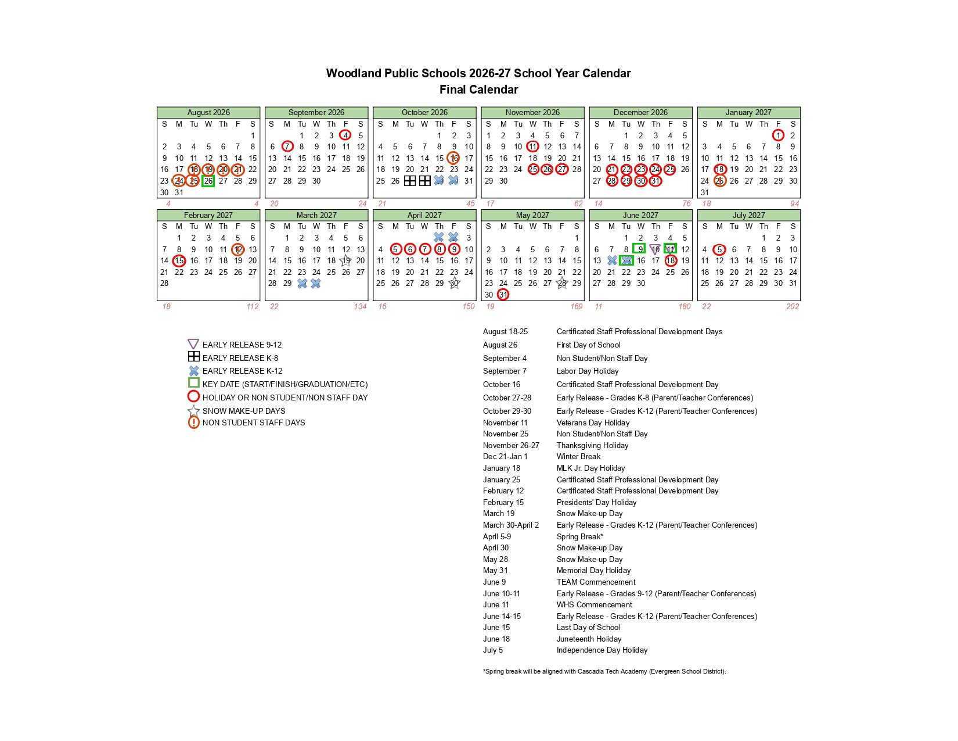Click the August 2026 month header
[x=208, y=112]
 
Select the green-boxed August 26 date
[x=208, y=181]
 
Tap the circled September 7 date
[x=287, y=146]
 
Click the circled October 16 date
[x=454, y=158]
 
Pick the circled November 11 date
[x=532, y=146]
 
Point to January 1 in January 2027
[x=778, y=135]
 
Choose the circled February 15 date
[x=179, y=261]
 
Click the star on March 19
[x=346, y=261]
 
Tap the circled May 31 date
[x=503, y=295]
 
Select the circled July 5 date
[x=719, y=249]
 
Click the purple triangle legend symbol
[x=193, y=344]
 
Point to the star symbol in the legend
[x=193, y=411]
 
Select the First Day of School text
[x=588, y=345]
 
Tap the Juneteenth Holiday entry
[x=589, y=639]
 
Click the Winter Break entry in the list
[x=578, y=456]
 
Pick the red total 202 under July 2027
[x=792, y=306]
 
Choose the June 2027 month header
[x=640, y=215]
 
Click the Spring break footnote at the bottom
[x=604, y=671]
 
